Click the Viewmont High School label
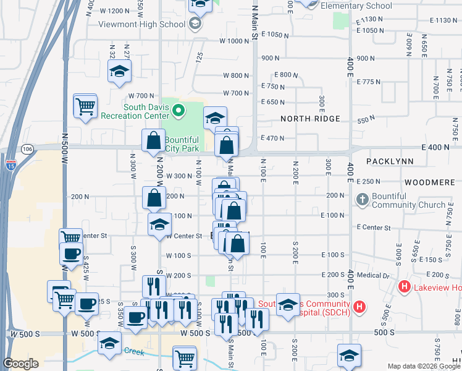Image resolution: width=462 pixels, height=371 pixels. point(143,24)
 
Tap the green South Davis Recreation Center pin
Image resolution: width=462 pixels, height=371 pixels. point(179,111)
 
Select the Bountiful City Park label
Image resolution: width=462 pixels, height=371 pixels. point(182,144)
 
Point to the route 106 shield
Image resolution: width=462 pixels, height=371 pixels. point(27,149)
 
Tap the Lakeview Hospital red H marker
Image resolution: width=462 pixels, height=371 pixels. point(405,286)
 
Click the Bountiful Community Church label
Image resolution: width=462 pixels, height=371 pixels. point(410,200)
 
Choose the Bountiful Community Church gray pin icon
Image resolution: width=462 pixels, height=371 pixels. point(363,200)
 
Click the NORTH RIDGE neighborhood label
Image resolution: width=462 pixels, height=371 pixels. point(310,119)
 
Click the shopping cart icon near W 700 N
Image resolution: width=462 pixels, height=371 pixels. point(85,106)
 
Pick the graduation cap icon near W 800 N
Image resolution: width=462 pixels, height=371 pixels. point(119,72)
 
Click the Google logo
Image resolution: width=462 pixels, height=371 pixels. point(21,364)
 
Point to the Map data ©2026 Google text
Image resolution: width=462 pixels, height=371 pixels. point(424,366)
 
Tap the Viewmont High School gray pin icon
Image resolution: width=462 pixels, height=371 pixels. point(196,24)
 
